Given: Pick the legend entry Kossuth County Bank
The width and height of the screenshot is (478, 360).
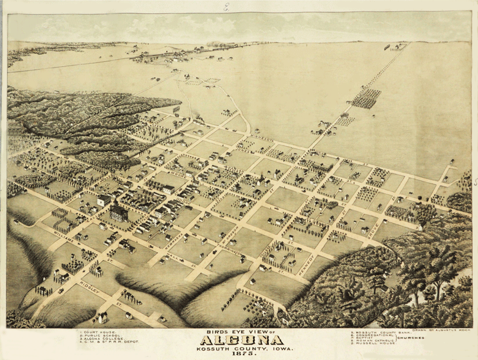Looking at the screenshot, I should pos(372,332).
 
